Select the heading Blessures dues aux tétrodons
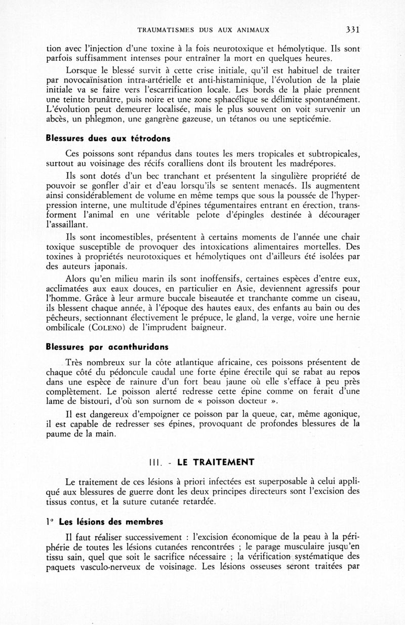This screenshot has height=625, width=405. pyautogui.click(x=107, y=138)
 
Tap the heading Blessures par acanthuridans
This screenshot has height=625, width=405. pyautogui.click(x=107, y=347)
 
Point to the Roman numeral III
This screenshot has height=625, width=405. pyautogui.click(x=154, y=462)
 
